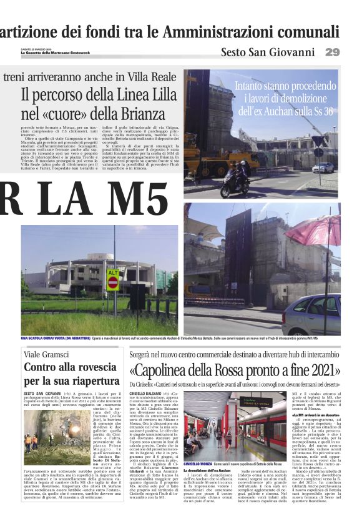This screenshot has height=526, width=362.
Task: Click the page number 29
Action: pos(332,52)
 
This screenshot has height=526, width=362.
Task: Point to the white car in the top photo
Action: pos(323,167)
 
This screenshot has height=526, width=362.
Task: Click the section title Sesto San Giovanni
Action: pos(267,52)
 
